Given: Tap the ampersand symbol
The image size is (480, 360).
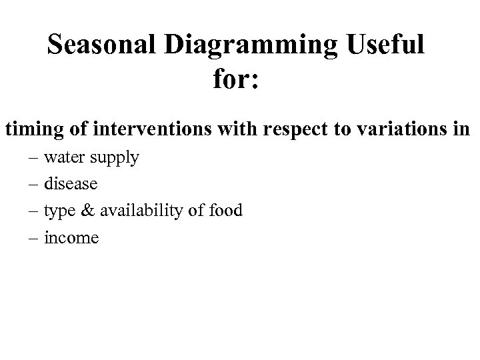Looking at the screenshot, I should tap(87, 211).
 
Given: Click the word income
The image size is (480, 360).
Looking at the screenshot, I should tap(71, 237).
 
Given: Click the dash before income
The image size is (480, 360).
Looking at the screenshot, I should tap(33, 238).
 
